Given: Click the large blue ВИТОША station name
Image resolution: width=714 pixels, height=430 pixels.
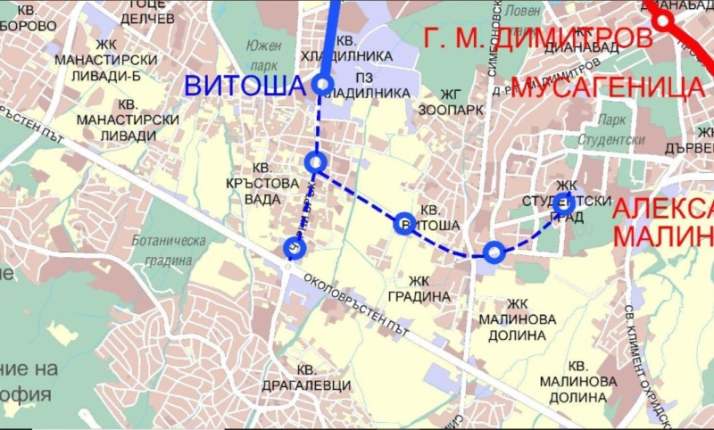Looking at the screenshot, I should click(245, 87).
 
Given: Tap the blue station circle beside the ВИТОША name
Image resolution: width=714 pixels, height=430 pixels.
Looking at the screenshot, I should click(323, 86).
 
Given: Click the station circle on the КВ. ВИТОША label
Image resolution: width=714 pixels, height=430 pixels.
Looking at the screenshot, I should click(403, 223).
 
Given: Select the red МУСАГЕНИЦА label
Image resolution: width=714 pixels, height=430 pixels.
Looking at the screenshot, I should click(608, 87).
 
